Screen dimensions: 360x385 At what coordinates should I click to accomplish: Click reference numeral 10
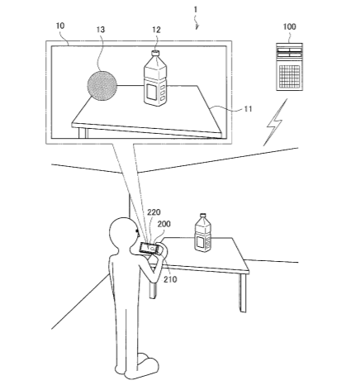click(x=60, y=26)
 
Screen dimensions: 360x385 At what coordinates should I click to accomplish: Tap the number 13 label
click(x=101, y=29)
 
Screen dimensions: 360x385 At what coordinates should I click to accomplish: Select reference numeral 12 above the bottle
click(x=156, y=30)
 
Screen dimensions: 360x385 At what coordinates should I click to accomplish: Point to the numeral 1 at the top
click(x=196, y=10)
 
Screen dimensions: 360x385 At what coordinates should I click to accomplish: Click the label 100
click(x=290, y=26)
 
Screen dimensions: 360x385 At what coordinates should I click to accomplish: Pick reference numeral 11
click(x=249, y=109)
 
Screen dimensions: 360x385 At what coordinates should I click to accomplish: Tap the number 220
click(x=154, y=212)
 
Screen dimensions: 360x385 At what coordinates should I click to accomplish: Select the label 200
click(x=163, y=224)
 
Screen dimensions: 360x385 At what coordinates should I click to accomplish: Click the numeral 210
click(x=170, y=279)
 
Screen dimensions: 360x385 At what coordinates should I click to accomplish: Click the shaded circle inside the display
click(x=102, y=85)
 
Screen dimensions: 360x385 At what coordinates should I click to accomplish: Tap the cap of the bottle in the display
click(x=155, y=53)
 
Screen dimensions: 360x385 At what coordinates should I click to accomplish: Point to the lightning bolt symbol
click(x=274, y=123)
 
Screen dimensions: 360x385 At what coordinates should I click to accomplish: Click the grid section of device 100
click(x=289, y=75)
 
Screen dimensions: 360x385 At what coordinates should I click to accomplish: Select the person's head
click(x=123, y=232)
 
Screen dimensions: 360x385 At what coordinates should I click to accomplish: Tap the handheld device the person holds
click(x=149, y=248)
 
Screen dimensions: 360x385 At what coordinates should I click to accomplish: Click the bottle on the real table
click(x=203, y=233)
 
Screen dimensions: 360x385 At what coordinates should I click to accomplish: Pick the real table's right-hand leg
click(x=242, y=292)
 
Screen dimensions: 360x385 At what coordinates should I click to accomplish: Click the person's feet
click(x=140, y=366)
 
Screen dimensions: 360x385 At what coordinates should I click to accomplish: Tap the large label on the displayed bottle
click(x=151, y=92)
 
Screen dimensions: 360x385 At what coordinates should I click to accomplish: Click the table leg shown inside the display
click(x=83, y=133)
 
